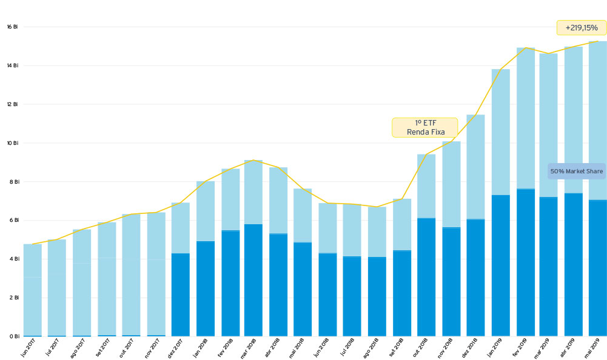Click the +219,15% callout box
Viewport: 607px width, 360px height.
click(x=581, y=28)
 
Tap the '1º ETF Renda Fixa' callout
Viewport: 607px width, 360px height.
click(x=424, y=127)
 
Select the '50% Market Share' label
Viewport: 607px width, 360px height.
click(x=576, y=172)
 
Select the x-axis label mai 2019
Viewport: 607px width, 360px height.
click(x=594, y=348)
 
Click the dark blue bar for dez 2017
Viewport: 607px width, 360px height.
click(x=181, y=295)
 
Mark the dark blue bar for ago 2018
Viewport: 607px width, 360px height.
click(x=377, y=296)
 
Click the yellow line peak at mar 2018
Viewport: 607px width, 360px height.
click(x=253, y=160)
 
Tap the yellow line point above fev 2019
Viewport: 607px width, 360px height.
click(x=526, y=48)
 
